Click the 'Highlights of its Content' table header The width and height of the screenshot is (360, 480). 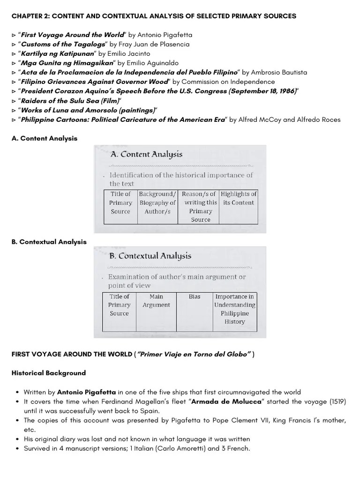pos(239,198)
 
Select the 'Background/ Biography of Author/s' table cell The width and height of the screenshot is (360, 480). pos(157,202)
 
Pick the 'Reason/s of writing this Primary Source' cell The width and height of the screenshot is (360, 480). pos(200,207)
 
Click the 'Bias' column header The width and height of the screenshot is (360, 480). pos(194,297)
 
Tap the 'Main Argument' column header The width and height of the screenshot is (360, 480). pos(156,300)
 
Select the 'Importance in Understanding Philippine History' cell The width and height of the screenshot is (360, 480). pos(234,309)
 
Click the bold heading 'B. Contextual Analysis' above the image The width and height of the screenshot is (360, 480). pos(49,242)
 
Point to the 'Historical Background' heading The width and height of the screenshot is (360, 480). pos(49,373)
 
